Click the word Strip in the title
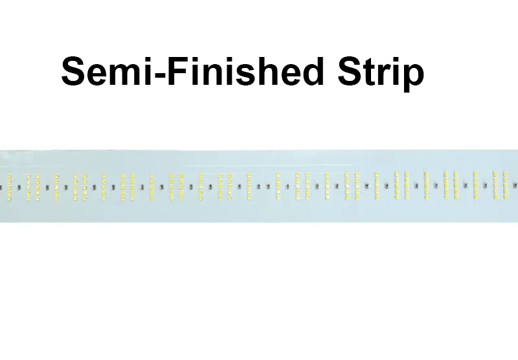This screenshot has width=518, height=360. [x=381, y=73]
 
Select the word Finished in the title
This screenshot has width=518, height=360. [x=245, y=71]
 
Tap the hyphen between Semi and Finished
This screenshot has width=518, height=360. [x=159, y=75]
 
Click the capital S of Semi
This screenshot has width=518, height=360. [x=74, y=71]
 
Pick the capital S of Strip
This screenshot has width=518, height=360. [x=350, y=71]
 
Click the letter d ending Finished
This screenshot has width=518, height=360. [x=313, y=72]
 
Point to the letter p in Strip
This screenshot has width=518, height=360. [x=414, y=78]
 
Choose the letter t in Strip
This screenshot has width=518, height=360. [x=370, y=73]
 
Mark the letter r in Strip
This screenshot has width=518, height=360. [x=385, y=74]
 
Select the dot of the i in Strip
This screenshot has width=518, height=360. [x=397, y=60]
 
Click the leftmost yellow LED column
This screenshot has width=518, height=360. [x=10, y=187]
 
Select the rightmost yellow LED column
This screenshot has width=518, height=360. [x=505, y=185]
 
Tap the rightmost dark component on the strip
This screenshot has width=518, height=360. [x=515, y=185]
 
